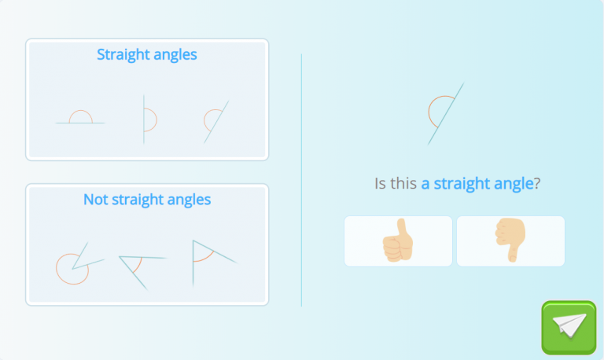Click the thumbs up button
coord(398,241)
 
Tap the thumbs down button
coord(510,241)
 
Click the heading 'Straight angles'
coord(147,55)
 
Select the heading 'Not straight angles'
coord(147,200)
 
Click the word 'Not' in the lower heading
coord(95,200)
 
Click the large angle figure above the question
coord(444,113)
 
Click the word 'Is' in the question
coord(381,184)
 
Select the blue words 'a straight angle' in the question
coord(477,184)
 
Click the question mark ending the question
coord(538,184)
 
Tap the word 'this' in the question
coord(403,184)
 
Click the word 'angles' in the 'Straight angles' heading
coord(176,56)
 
